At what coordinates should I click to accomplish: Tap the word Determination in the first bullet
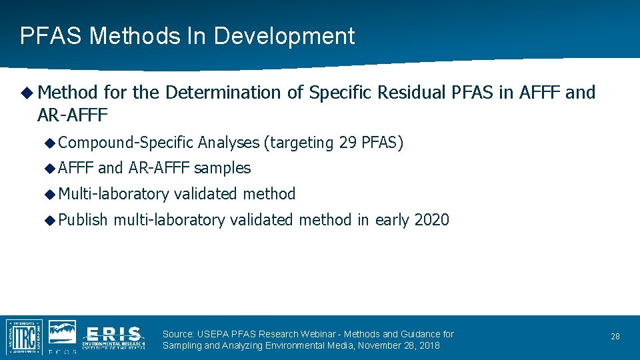pyautogui.click(x=223, y=93)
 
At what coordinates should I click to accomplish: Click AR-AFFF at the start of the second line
pyautogui.click(x=73, y=115)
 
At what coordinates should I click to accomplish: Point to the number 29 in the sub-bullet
pyautogui.click(x=347, y=143)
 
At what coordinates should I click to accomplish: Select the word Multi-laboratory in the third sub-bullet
pyautogui.click(x=113, y=194)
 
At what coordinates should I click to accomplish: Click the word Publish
pyautogui.click(x=83, y=220)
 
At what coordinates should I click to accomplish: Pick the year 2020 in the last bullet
pyautogui.click(x=431, y=220)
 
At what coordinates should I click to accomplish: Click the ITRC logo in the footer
pyautogui.click(x=24, y=337)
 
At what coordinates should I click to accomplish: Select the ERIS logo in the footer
pyautogui.click(x=113, y=337)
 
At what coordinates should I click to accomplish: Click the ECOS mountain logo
pyautogui.click(x=62, y=334)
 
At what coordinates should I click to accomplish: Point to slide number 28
pyautogui.click(x=615, y=337)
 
